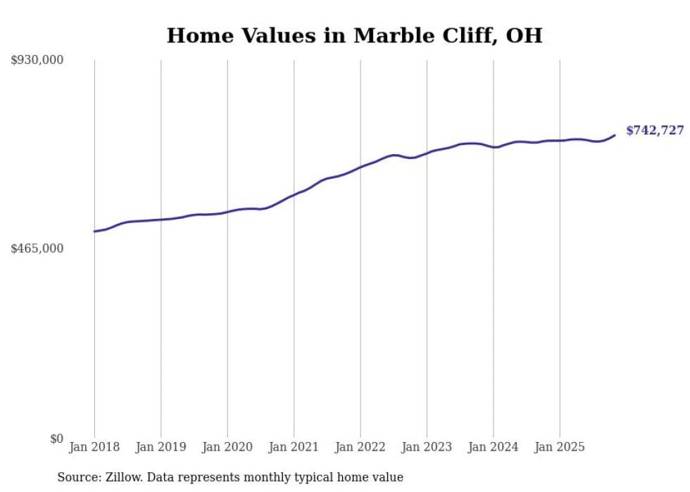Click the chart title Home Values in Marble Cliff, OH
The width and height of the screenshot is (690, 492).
point(354,35)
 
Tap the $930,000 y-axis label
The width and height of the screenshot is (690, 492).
point(37,61)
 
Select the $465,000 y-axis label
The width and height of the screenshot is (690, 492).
point(37,248)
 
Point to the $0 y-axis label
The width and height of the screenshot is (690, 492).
point(56,439)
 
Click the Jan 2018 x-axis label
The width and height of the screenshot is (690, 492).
point(94,447)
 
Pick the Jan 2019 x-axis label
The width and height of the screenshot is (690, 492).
point(161,447)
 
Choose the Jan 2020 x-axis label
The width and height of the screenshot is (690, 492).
point(227,447)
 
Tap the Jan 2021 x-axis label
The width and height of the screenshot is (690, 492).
point(294,447)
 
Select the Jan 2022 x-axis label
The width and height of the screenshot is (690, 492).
point(360,447)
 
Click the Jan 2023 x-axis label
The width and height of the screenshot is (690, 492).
point(427,447)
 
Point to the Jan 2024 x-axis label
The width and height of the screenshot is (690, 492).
point(494,447)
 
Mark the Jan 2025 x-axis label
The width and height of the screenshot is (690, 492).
point(560,447)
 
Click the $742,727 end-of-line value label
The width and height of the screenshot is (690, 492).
point(655,130)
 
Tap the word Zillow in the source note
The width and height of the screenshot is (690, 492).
point(124,477)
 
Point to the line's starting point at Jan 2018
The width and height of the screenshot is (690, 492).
point(94,231)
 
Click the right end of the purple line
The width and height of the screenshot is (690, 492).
point(615,135)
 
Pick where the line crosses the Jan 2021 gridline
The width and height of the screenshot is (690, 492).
point(294,194)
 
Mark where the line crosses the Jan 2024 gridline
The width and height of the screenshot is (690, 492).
point(494,147)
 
